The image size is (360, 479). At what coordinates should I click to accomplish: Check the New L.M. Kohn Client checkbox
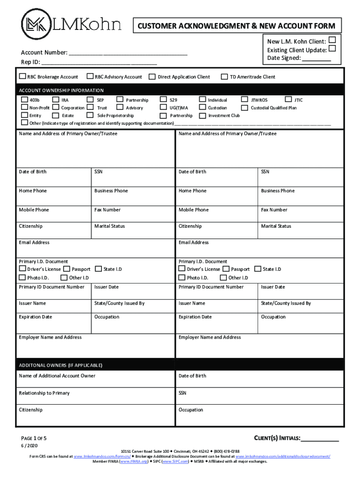click(x=332, y=40)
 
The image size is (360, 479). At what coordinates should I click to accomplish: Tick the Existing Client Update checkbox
click(x=332, y=49)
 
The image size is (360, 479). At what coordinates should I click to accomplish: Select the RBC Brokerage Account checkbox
click(x=22, y=76)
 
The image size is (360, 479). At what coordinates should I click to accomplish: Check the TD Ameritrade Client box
click(x=224, y=77)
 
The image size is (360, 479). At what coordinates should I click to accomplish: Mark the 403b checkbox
click(x=24, y=100)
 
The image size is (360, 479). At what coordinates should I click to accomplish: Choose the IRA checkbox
click(x=56, y=100)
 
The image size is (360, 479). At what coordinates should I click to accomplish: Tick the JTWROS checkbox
click(x=245, y=100)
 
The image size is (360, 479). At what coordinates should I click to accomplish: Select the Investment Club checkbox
click(x=202, y=116)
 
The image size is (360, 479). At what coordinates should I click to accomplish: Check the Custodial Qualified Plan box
click(x=245, y=108)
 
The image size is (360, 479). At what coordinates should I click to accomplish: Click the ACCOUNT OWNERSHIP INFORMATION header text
click(x=61, y=90)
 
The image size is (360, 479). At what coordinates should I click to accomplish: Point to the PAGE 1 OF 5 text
click(x=34, y=439)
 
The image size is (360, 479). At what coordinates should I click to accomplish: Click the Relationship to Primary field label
click(x=44, y=393)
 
